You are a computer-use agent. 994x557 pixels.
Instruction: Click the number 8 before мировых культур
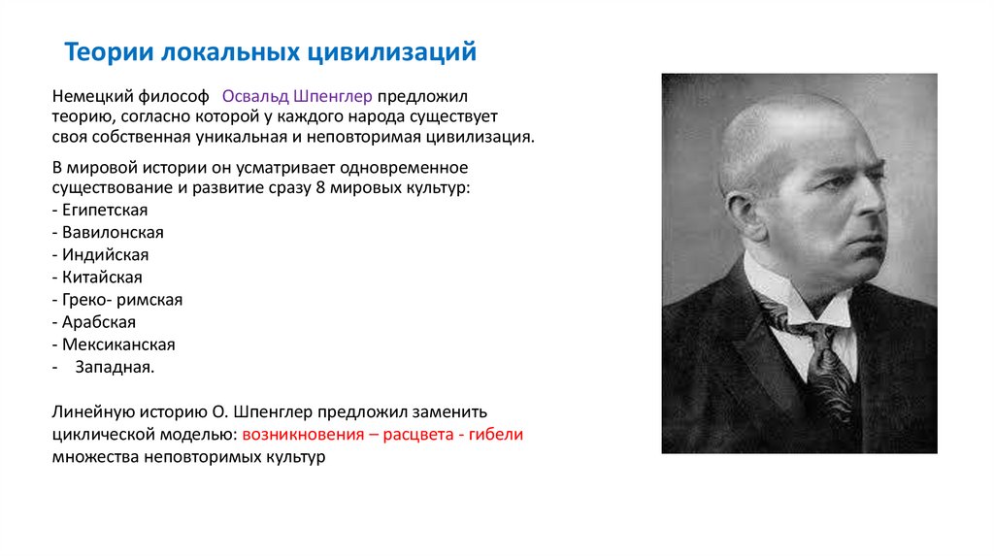click(320, 187)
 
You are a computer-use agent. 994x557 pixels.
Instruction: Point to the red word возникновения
click(303, 435)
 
